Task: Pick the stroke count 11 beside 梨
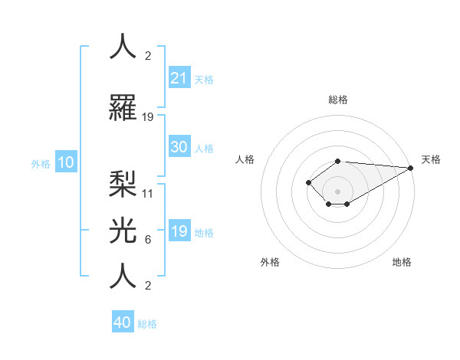[x=148, y=193]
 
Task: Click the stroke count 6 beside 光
[x=148, y=240]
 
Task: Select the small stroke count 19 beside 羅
[x=148, y=117]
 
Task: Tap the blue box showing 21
[x=179, y=78]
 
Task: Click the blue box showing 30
[x=179, y=147]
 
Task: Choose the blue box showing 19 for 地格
[x=179, y=231]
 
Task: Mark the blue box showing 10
[x=66, y=162]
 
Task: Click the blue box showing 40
[x=123, y=322]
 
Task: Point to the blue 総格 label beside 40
[x=147, y=324]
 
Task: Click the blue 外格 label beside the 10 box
[x=41, y=163]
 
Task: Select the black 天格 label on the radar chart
[x=431, y=159]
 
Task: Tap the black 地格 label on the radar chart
[x=402, y=262]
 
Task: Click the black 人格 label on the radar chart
[x=245, y=159]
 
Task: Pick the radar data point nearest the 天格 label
[x=412, y=168]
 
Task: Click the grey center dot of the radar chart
[x=337, y=191]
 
